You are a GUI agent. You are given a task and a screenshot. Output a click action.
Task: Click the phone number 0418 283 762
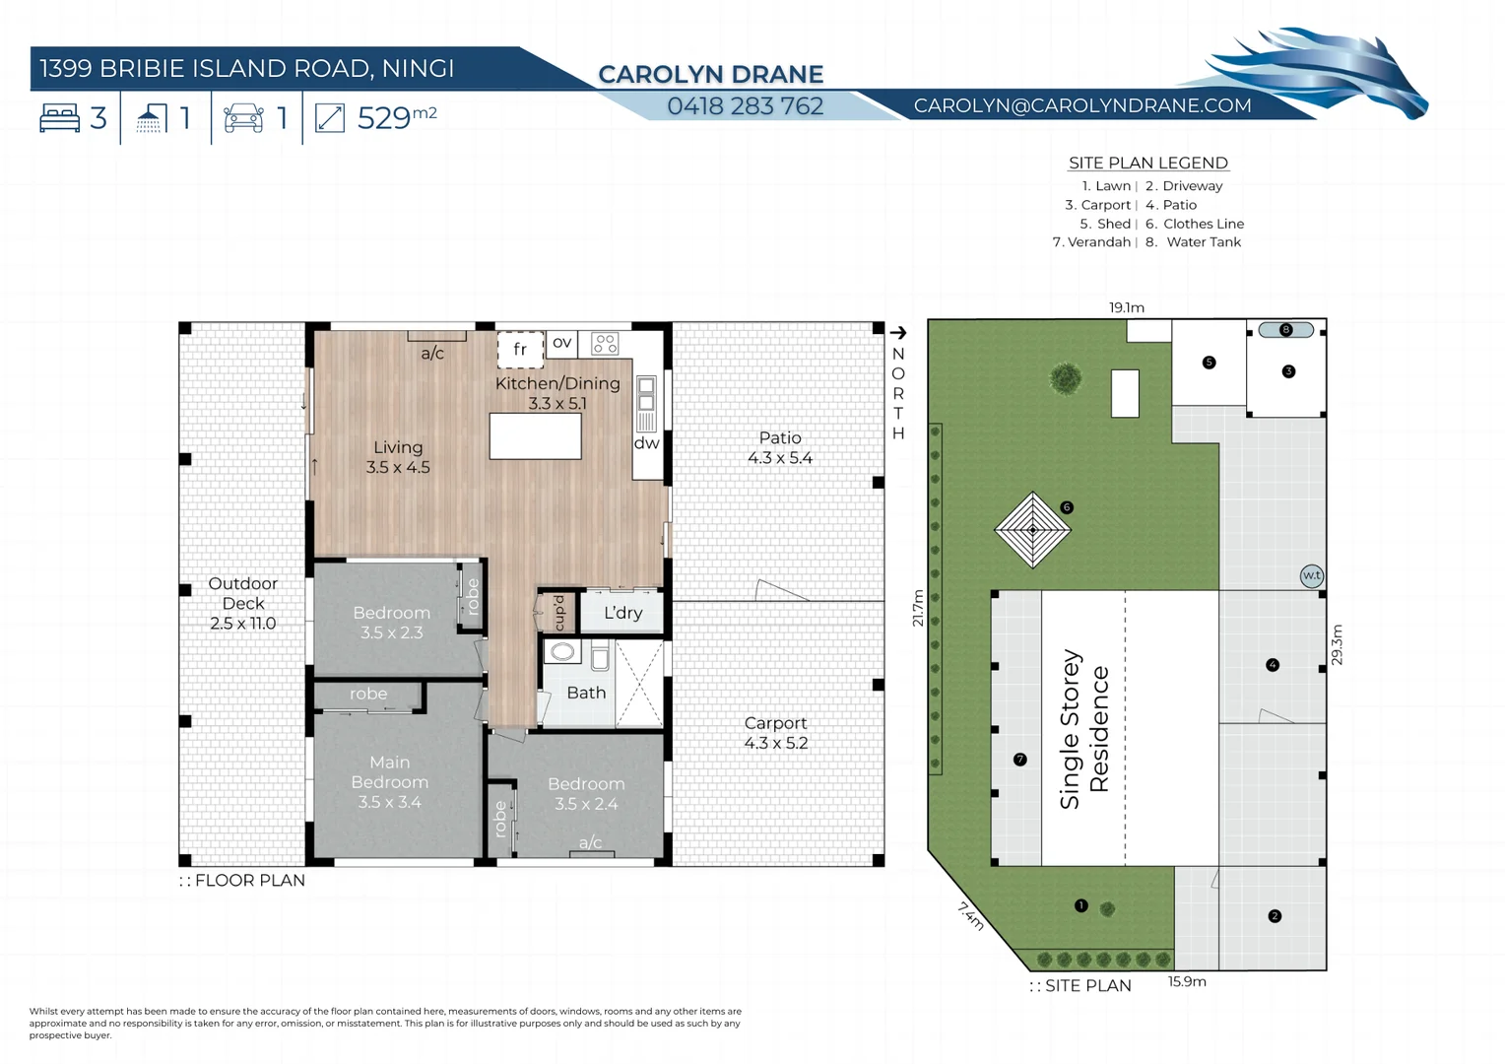pyautogui.click(x=745, y=106)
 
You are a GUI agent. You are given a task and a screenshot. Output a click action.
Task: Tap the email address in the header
pyautogui.click(x=1081, y=105)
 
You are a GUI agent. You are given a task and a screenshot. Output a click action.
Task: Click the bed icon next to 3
pyautogui.click(x=59, y=118)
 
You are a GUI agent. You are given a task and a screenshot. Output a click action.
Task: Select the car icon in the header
pyautogui.click(x=243, y=118)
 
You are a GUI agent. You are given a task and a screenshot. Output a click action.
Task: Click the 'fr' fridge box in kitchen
pyautogui.click(x=520, y=349)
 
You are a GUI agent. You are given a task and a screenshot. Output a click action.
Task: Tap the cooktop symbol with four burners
pyautogui.click(x=605, y=344)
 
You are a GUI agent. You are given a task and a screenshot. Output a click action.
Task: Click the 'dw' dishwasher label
pyautogui.click(x=646, y=443)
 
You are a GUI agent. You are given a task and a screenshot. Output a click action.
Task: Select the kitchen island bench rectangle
pyautogui.click(x=535, y=436)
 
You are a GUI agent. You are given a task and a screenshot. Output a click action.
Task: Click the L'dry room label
pyautogui.click(x=622, y=613)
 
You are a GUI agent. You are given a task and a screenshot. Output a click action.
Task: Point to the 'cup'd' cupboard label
pyautogui.click(x=558, y=613)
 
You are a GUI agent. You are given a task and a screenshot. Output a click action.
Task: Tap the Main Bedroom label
pyautogui.click(x=390, y=782)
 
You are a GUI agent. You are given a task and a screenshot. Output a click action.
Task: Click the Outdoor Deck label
pyautogui.click(x=242, y=603)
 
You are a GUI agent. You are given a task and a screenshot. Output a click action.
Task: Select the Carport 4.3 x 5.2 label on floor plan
pyautogui.click(x=775, y=733)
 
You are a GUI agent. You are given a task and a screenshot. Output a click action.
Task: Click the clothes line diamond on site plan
pyautogui.click(x=1032, y=530)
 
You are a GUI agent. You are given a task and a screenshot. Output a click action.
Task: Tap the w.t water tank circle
pyautogui.click(x=1311, y=576)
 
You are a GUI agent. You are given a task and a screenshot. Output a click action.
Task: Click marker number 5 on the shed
pyautogui.click(x=1209, y=363)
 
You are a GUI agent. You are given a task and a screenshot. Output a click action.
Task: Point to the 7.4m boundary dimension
pyautogui.click(x=971, y=916)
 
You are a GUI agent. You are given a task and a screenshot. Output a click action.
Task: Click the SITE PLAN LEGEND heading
pyautogui.click(x=1147, y=164)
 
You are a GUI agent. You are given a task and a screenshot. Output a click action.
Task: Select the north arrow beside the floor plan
pyautogui.click(x=897, y=333)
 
